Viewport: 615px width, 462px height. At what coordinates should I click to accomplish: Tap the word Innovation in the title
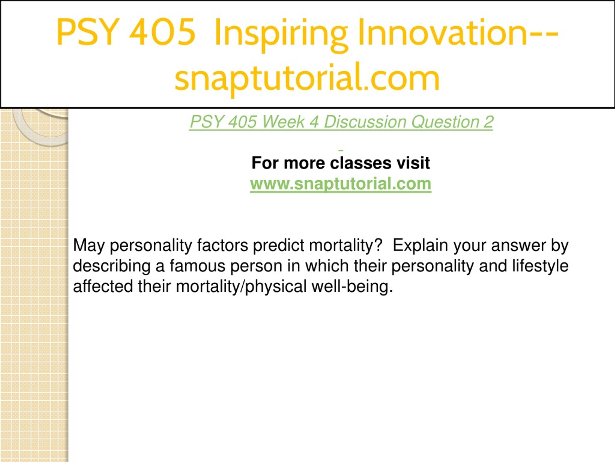tap(443, 32)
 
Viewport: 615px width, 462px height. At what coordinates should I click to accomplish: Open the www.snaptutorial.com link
tap(341, 184)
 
